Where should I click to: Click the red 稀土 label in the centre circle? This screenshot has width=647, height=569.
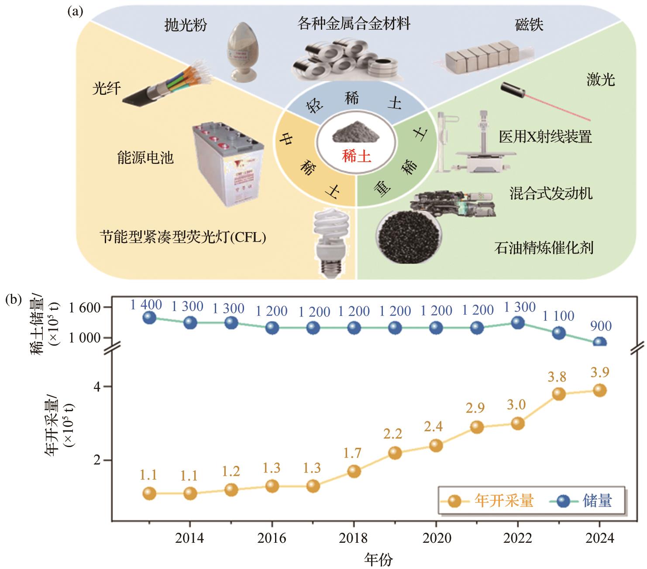coord(357,156)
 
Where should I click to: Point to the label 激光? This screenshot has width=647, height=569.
coord(601,80)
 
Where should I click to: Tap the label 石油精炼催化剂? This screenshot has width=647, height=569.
coord(544,248)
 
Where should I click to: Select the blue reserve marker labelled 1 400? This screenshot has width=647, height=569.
coord(149,317)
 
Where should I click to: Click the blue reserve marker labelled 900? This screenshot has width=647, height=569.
coord(600,342)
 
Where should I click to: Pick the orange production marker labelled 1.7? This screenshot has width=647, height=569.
coord(354,471)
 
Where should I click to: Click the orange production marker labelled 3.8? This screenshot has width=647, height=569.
coord(559,394)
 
